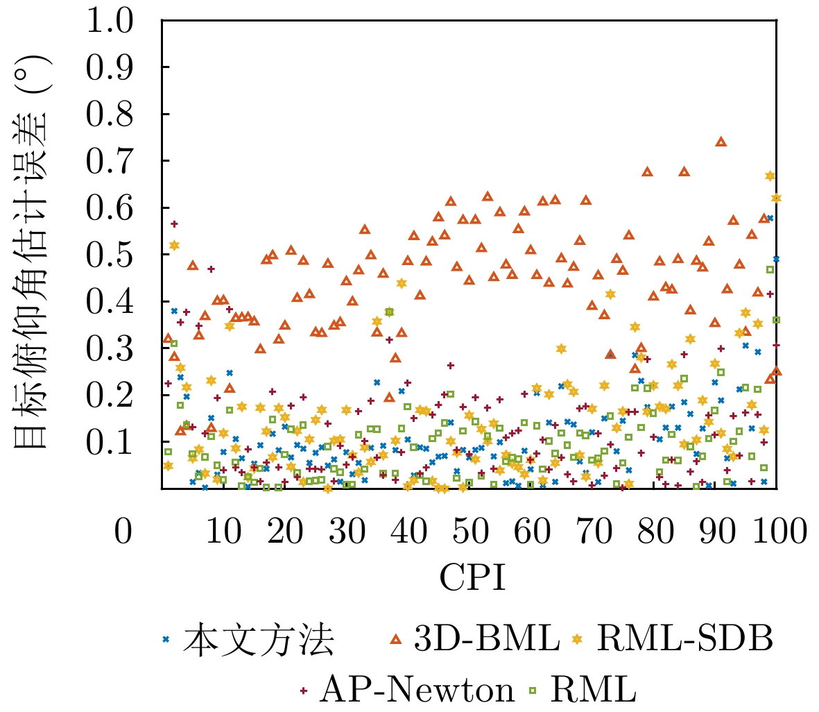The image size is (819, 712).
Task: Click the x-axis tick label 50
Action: (x=471, y=532)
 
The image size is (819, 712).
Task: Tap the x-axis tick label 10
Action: (x=223, y=532)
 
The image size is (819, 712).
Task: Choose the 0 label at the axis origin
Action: (x=123, y=532)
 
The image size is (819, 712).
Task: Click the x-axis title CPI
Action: (x=471, y=576)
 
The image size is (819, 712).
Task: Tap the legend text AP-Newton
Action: (x=417, y=690)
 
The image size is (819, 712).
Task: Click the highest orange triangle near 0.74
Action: (x=721, y=142)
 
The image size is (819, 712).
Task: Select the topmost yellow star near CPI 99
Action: (x=769, y=176)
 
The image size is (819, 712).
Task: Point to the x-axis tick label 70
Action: (x=594, y=532)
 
